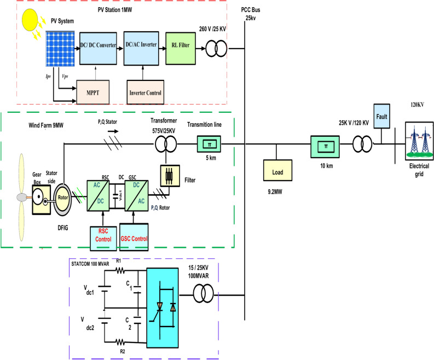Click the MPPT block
pos(92,92)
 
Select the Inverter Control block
pos(146,92)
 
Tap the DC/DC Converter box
pos(98,49)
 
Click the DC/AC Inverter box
pos(141,49)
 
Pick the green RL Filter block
pos(181,49)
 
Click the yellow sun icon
pos(30,20)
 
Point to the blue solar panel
pos(60,49)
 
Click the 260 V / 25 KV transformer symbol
pos(216,49)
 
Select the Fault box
pos(381,116)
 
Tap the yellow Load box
pos(277,170)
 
